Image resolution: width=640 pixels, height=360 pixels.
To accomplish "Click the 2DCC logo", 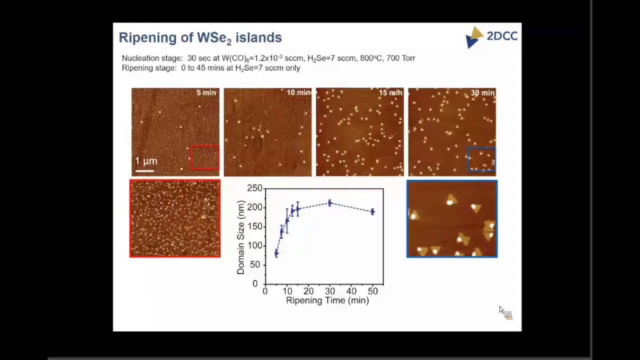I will tap(491, 37).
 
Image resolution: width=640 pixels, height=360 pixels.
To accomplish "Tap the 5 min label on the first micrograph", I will tap(206, 92).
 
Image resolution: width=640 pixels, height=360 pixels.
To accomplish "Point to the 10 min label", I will tap(298, 92).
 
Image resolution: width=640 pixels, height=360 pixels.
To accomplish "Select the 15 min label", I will tap(390, 92).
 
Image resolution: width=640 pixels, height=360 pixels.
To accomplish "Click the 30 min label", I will tap(482, 92).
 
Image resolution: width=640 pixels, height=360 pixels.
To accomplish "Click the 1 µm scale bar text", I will tap(146, 161).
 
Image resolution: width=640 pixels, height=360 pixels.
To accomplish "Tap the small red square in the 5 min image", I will tap(204, 157).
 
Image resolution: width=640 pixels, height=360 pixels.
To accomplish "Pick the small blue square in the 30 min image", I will tap(481, 159).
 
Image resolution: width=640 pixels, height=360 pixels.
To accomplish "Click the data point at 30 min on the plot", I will tap(329, 203).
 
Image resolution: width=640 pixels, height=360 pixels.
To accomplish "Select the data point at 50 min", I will tap(372, 211).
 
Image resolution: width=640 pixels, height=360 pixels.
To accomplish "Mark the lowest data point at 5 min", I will tap(276, 253).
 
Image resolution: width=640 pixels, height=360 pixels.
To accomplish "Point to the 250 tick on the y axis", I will tap(254, 188).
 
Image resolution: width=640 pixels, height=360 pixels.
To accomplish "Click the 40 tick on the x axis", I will tap(351, 291).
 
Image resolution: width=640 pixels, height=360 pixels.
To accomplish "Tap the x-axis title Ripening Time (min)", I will tap(327, 300).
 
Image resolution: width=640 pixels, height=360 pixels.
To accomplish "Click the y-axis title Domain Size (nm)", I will tap(241, 237).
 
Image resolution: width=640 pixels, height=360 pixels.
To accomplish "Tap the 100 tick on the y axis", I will tap(254, 245).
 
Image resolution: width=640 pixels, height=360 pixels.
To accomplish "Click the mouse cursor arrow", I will tap(501, 310).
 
